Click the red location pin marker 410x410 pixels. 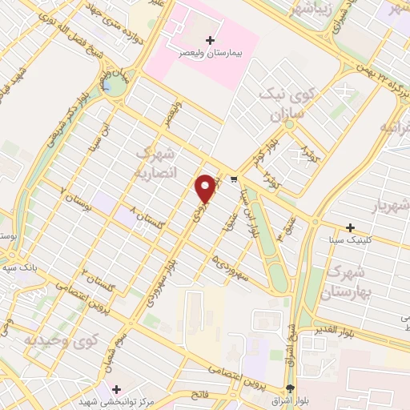click(x=206, y=189)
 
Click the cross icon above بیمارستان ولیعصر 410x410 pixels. click(x=211, y=40)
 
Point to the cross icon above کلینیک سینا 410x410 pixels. click(x=350, y=227)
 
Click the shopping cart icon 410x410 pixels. click(x=234, y=179)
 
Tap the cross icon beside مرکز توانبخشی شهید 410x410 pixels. click(x=117, y=388)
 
